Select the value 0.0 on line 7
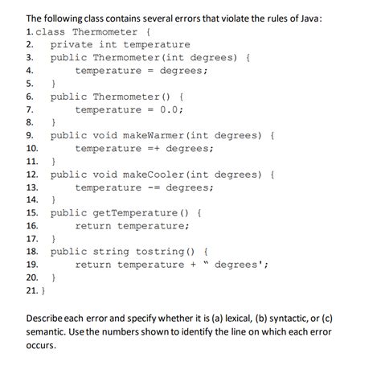[x=173, y=109]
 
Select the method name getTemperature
[x=137, y=212]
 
